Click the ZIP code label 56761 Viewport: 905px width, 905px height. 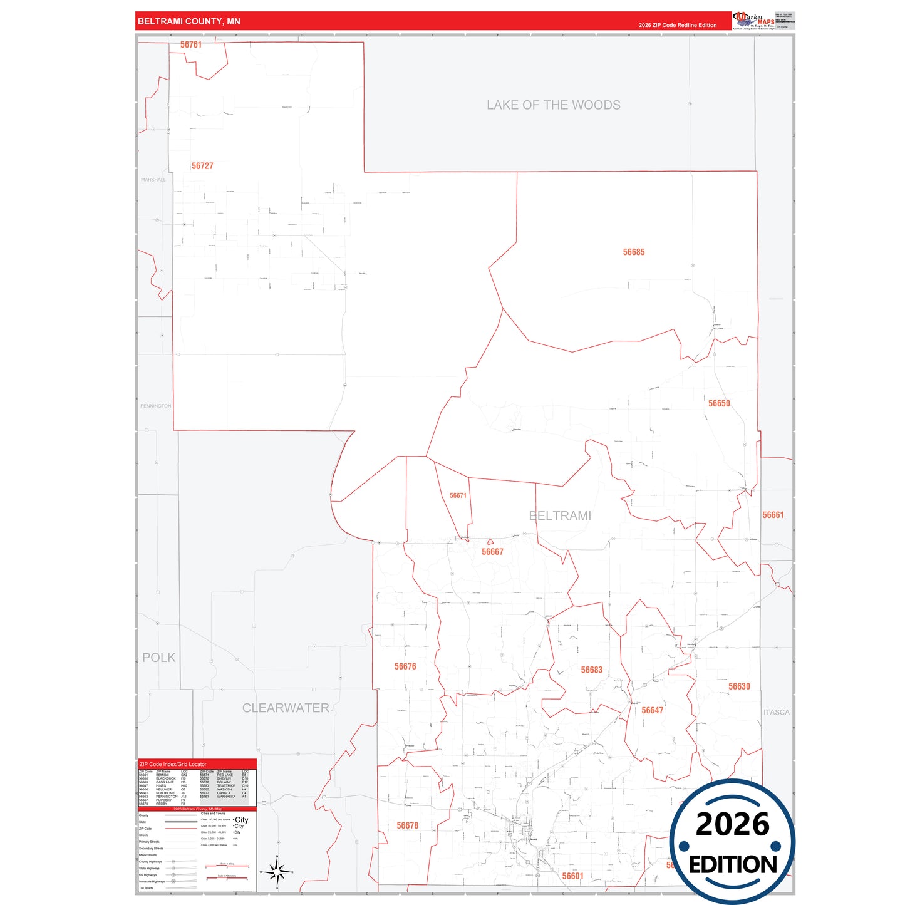pyautogui.click(x=191, y=45)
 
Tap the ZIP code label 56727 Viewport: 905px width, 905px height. pyautogui.click(x=202, y=166)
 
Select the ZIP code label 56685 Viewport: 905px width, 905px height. pyautogui.click(x=633, y=252)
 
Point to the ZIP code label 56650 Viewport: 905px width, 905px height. pyautogui.click(x=719, y=404)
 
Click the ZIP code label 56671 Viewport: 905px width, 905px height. pyautogui.click(x=458, y=495)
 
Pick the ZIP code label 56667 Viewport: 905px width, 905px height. pyautogui.click(x=492, y=552)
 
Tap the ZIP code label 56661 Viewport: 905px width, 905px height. pyautogui.click(x=773, y=515)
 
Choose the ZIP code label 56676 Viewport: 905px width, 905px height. pyautogui.click(x=405, y=666)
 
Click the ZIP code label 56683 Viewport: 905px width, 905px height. pyautogui.click(x=591, y=670)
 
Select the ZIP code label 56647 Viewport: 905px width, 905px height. pyautogui.click(x=652, y=710)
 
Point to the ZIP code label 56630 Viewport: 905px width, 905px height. pyautogui.click(x=739, y=686)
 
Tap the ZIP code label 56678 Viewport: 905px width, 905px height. pyautogui.click(x=407, y=825)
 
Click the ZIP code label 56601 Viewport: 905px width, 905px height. pyautogui.click(x=572, y=876)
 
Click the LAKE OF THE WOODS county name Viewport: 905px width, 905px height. pyautogui.click(x=554, y=105)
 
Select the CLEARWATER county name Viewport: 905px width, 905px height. pyautogui.click(x=286, y=708)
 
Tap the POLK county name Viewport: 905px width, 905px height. pyautogui.click(x=159, y=658)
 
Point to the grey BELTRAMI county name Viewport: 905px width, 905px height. pyautogui.click(x=560, y=516)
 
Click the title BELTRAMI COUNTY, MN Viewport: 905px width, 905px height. pyautogui.click(x=189, y=21)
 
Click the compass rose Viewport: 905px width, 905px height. pyautogui.click(x=276, y=871)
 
